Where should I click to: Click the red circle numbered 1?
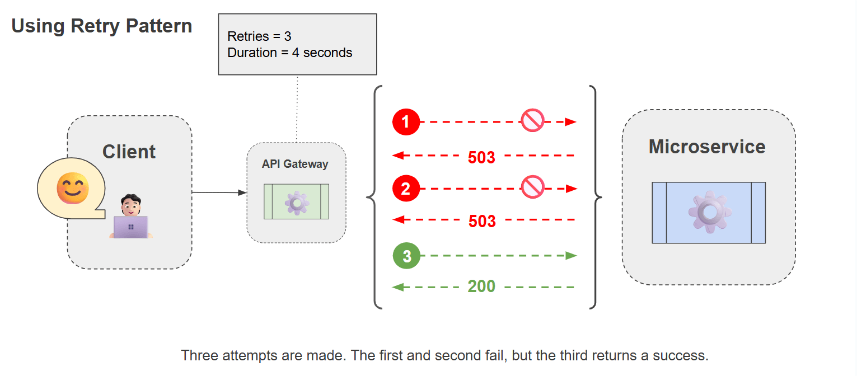[x=406, y=122]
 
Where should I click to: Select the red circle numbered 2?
[x=406, y=189]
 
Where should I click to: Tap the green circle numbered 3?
[x=406, y=256]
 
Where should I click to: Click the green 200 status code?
[x=481, y=286]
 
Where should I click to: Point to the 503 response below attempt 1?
[x=481, y=157]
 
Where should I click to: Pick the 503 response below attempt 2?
[x=482, y=221]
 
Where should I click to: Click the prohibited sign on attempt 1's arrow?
[x=532, y=121]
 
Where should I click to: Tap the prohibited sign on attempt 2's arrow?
[x=532, y=187]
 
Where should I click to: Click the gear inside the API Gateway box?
[x=297, y=202]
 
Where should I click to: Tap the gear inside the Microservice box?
[x=709, y=212]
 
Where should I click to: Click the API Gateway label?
[x=295, y=164]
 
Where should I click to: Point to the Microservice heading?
[x=707, y=147]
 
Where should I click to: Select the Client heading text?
[x=129, y=152]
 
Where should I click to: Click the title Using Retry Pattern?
[x=102, y=26]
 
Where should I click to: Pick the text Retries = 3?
[x=259, y=36]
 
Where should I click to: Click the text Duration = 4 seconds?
[x=289, y=53]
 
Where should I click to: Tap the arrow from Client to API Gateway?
[x=219, y=192]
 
